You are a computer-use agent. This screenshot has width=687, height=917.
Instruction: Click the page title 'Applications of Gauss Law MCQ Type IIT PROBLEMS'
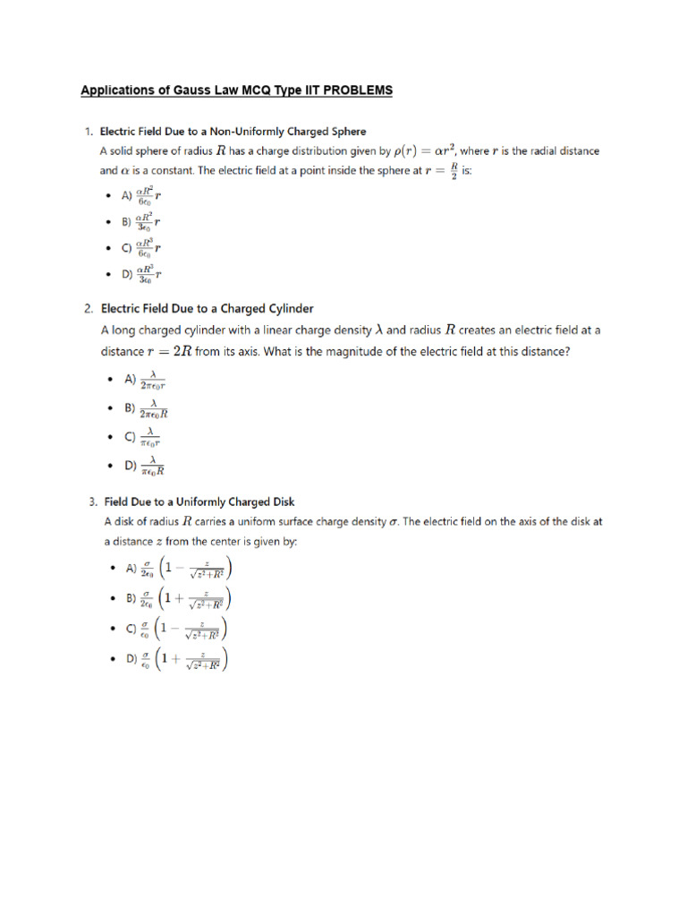point(236,90)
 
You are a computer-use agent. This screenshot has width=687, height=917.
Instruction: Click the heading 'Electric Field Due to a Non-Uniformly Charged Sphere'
point(233,132)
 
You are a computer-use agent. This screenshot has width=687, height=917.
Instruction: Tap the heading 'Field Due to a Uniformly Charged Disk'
point(199,501)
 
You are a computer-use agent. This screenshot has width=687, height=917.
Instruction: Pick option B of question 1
point(141,220)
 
